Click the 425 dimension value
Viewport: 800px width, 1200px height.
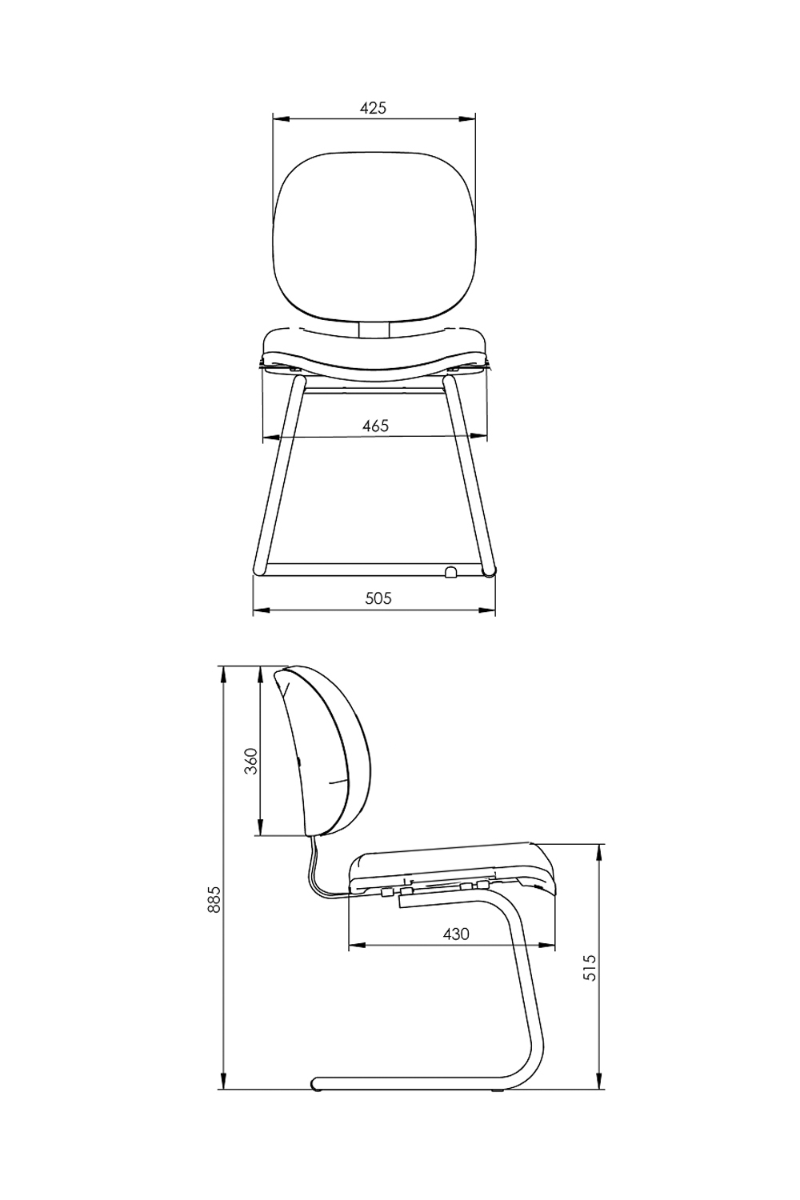tap(373, 108)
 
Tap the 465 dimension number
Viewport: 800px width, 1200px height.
tap(375, 426)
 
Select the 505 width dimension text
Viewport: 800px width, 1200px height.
tap(378, 598)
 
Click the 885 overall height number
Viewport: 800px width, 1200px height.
tap(214, 899)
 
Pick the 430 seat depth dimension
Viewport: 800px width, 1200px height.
tap(456, 934)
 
